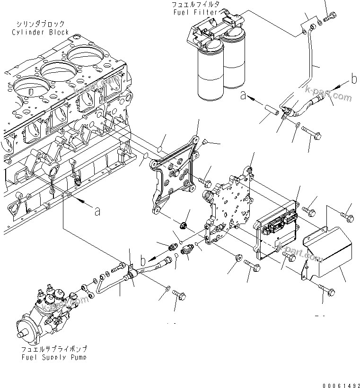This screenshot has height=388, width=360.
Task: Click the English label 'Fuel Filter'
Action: point(195,12)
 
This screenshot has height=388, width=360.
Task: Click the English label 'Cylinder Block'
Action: point(41,32)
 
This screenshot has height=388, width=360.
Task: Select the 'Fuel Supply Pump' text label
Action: point(54,357)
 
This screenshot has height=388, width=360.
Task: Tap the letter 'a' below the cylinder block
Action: point(97,212)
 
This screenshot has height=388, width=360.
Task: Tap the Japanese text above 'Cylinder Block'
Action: point(41,24)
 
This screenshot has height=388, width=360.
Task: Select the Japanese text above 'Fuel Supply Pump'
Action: point(54,349)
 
